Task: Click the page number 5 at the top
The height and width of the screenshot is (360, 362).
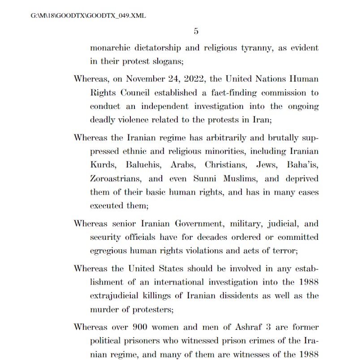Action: click(x=196, y=31)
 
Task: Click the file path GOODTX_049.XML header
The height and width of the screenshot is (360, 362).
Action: click(x=88, y=16)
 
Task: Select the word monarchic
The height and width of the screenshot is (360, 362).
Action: click(x=110, y=48)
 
